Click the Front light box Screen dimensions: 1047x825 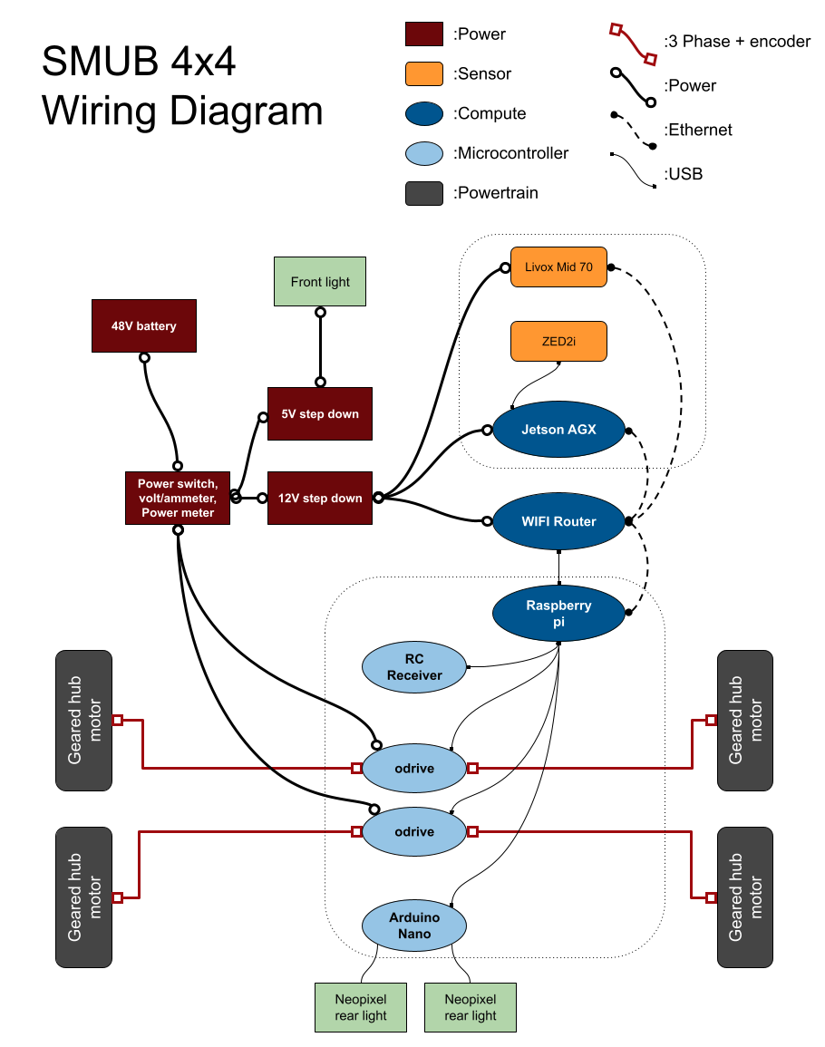pos(320,281)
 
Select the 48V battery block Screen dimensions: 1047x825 pos(144,325)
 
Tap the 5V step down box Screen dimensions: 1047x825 pos(319,414)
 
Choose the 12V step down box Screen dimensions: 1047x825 pos(319,498)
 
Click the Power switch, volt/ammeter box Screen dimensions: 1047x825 pos(178,498)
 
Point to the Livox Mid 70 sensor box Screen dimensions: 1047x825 pos(558,267)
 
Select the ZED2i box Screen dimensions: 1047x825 pos(558,342)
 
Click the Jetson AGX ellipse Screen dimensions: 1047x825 pos(558,430)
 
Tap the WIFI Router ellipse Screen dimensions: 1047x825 pos(558,521)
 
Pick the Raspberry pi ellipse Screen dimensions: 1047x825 pos(558,613)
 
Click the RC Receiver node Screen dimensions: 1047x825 pos(414,667)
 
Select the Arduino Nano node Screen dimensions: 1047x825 pos(414,926)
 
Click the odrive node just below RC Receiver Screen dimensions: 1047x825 pos(414,768)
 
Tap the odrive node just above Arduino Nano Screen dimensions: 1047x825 pos(414,831)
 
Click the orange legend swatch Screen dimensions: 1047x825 pos(424,74)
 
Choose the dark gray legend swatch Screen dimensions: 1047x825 pos(424,193)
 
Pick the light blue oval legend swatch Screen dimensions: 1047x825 pos(424,154)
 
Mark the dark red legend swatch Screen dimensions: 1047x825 pos(424,34)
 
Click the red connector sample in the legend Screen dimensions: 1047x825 pos(633,44)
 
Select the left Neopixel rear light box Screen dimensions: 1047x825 pos(361,1007)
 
